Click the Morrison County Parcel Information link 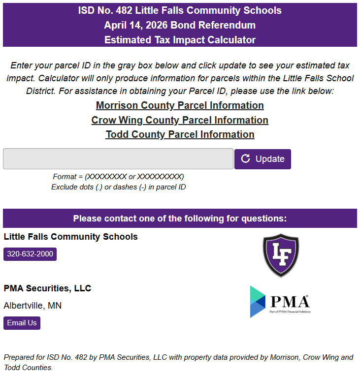click(x=180, y=105)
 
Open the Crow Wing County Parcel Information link click(x=180, y=120)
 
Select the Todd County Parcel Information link click(x=180, y=134)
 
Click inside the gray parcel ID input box click(x=118, y=159)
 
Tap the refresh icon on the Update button click(x=246, y=158)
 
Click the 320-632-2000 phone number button click(x=30, y=254)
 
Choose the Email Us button click(x=22, y=323)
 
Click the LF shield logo click(x=280, y=255)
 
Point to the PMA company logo click(x=280, y=301)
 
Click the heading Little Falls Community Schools click(x=70, y=237)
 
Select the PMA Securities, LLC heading click(x=47, y=288)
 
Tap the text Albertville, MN click(x=33, y=306)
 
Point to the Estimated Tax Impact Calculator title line click(x=180, y=40)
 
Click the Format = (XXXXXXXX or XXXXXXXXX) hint click(x=118, y=177)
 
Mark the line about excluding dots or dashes click(x=118, y=187)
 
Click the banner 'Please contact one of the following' click(x=180, y=219)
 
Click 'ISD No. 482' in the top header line click(x=103, y=10)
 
